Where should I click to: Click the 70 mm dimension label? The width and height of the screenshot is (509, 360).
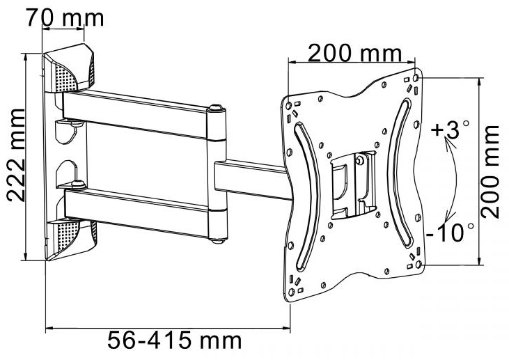65,17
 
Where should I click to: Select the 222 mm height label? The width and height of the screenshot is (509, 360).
15,155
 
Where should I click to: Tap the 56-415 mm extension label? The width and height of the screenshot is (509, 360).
175,341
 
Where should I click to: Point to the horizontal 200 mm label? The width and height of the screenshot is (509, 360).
355,53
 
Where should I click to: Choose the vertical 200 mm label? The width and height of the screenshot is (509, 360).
490,172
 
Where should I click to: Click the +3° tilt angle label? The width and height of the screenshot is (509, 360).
451,130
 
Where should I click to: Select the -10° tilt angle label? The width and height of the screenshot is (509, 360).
450,232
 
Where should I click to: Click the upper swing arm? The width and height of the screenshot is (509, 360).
134,114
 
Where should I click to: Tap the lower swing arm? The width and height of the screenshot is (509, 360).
136,212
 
